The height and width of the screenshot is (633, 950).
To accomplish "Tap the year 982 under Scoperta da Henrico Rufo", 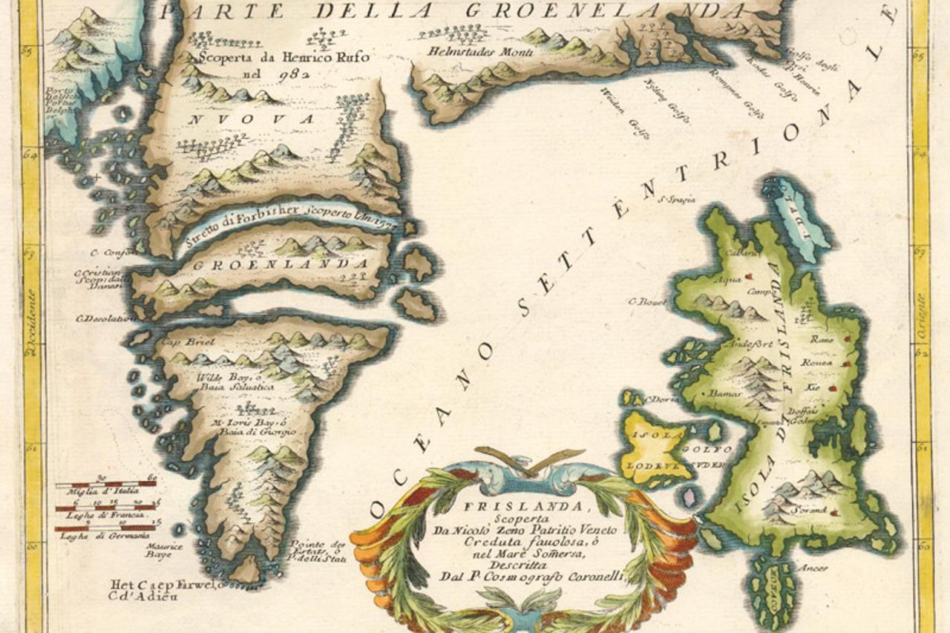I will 293,73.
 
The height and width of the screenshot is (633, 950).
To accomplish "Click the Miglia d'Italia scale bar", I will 105,485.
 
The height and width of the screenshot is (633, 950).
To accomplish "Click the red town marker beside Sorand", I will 835,512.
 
